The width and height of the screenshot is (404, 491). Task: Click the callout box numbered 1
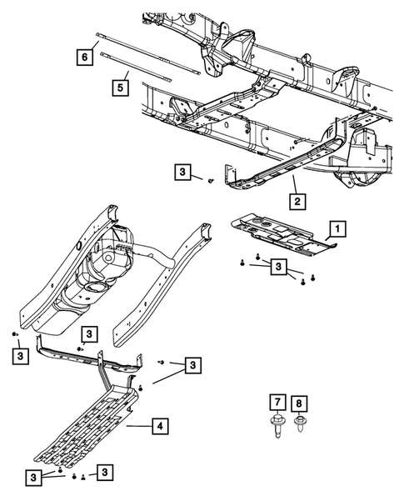pyautogui.click(x=337, y=227)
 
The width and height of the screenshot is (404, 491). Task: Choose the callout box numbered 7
pyautogui.click(x=275, y=403)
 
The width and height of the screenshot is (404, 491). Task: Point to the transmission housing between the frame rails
pyautogui.click(x=112, y=267)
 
